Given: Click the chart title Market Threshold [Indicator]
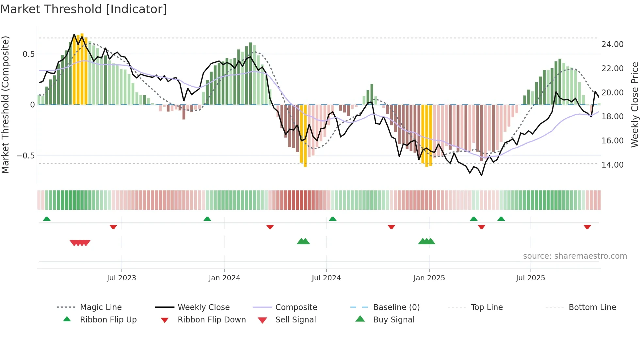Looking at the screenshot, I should tap(84, 9).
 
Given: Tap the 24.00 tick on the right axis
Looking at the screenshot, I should tap(612, 44).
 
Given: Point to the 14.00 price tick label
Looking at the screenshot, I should tap(612, 165).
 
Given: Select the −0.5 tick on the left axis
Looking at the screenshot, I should tap(26, 156).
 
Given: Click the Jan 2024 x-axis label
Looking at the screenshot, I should tap(224, 278).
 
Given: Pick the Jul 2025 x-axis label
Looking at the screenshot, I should tap(530, 278).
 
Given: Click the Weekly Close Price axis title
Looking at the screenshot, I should tap(634, 105).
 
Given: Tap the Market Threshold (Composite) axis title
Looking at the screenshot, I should tap(5, 105).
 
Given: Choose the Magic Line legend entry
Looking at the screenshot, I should tap(101, 307).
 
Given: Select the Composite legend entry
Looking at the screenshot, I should tap(296, 307).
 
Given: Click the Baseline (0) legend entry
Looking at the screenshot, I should tap(396, 307).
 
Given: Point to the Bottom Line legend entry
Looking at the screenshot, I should tap(592, 307).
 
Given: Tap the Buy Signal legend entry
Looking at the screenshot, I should tap(393, 320).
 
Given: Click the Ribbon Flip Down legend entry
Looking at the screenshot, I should tap(211, 320).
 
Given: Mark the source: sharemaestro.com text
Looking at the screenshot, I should tap(575, 256).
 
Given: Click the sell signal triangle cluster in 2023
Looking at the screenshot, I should tap(80, 243).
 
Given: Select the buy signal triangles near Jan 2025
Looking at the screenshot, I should tap(426, 241).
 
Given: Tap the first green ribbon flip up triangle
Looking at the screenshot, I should tap(47, 219).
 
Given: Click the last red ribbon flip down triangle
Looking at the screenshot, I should tap(587, 227).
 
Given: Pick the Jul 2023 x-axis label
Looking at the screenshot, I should tap(121, 278).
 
